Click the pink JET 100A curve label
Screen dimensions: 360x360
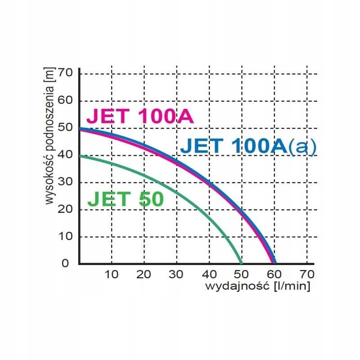pos(140,116)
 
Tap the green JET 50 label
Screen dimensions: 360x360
pos(125,199)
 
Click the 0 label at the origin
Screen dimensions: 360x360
pos(66,263)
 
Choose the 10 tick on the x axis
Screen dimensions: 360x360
pos(111,274)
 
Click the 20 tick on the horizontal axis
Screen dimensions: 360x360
pos(144,274)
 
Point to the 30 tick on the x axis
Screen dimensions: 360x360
pos(176,274)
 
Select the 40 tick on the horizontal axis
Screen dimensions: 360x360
pos(209,274)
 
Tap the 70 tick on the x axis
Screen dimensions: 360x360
pos(307,274)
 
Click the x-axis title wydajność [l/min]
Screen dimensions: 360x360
pos(258,286)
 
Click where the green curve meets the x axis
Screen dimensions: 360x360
pos(242,263)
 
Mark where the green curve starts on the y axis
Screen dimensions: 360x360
pos(80,155)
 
